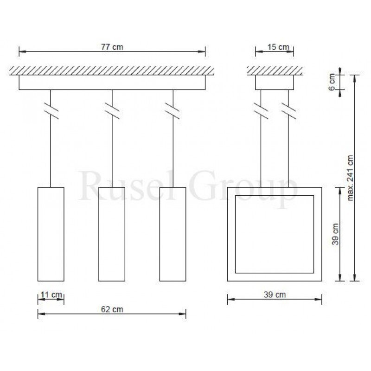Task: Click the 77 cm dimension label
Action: [112, 47]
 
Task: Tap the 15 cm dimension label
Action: [278, 47]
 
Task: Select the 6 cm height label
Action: [332, 82]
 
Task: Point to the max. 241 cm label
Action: [350, 178]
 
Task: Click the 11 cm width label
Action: [51, 295]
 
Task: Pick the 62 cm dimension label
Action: [112, 309]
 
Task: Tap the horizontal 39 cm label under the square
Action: [275, 294]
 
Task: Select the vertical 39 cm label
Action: [335, 234]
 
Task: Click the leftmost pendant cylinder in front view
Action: [51, 234]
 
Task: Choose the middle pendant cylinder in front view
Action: [112, 234]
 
